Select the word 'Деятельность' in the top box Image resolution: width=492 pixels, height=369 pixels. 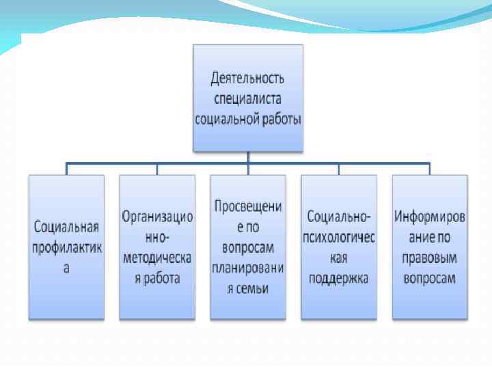tap(247, 80)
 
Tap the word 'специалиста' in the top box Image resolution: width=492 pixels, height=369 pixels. tap(247, 99)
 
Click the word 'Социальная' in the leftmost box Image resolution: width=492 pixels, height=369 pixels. tap(66, 228)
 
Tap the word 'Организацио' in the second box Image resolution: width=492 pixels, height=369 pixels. tap(157, 217)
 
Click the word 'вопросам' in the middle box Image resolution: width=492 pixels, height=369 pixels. tap(247, 247)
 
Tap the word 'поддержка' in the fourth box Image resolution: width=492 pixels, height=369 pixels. tap(338, 278)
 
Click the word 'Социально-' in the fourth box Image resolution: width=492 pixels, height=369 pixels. tap(338, 217)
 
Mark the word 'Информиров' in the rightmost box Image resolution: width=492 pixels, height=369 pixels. tap(429, 217)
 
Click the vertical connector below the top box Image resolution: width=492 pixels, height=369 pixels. tap(247, 157)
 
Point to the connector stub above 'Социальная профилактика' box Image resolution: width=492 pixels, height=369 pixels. tap(66, 169)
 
